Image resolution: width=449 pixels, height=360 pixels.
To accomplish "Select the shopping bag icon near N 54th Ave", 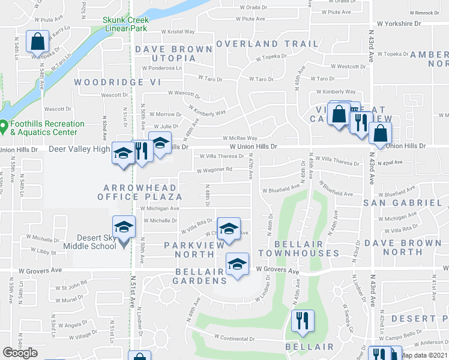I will [37, 41].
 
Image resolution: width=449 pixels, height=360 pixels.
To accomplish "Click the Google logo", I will [20, 353].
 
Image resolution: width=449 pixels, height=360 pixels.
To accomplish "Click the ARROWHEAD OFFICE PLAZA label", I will [136, 191].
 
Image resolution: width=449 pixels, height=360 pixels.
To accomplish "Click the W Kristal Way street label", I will [178, 31].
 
